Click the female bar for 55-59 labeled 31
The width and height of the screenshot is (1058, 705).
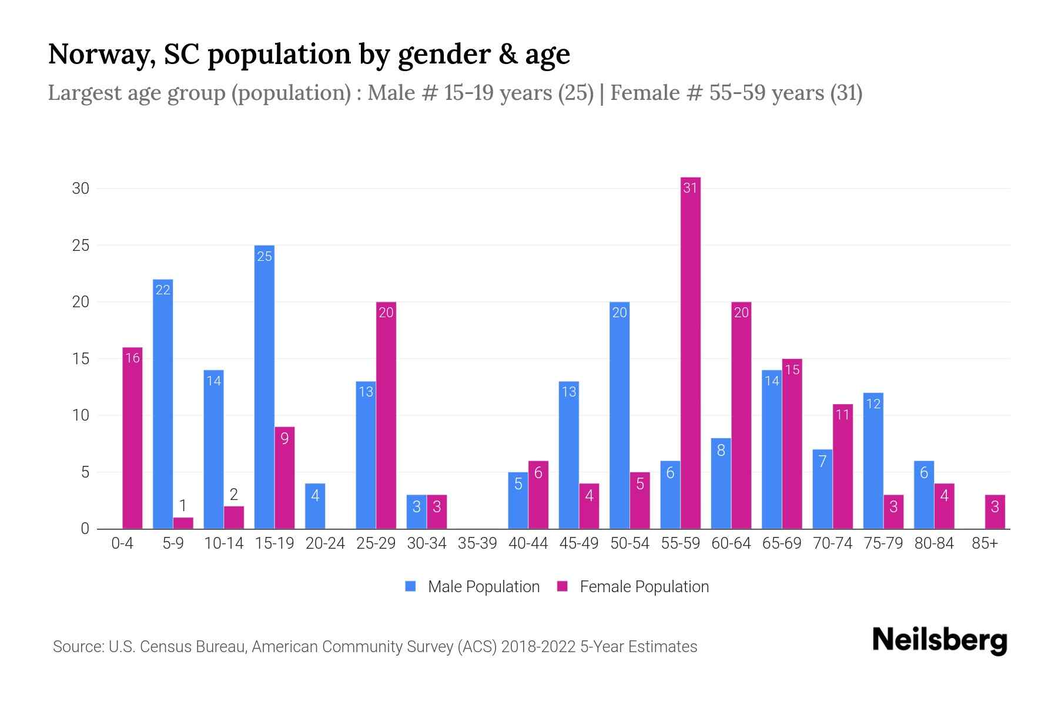coord(690,352)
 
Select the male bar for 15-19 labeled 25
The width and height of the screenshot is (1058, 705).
coord(264,388)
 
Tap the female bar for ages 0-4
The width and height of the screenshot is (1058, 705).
coord(132,438)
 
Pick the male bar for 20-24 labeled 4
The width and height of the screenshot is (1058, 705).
coord(315,506)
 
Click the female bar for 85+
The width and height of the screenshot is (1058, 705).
coord(995,512)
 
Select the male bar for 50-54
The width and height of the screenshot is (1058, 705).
coord(620,415)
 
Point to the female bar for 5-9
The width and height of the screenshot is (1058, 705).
coord(183,523)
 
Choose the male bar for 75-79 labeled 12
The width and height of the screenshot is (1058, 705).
coord(873,461)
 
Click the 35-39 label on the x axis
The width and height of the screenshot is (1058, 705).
coord(477,543)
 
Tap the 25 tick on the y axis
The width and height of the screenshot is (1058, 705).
coord(81,246)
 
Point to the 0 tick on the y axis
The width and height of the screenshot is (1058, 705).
coord(85,529)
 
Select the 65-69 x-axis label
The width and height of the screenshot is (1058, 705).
coord(782,543)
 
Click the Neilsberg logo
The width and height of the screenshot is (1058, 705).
coord(939,640)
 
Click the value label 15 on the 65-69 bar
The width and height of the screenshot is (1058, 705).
coord(792,370)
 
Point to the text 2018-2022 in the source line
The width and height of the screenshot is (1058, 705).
coord(538,647)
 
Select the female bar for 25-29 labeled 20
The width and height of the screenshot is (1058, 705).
coord(386,415)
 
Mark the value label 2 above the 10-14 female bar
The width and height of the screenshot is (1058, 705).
coord(233,495)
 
